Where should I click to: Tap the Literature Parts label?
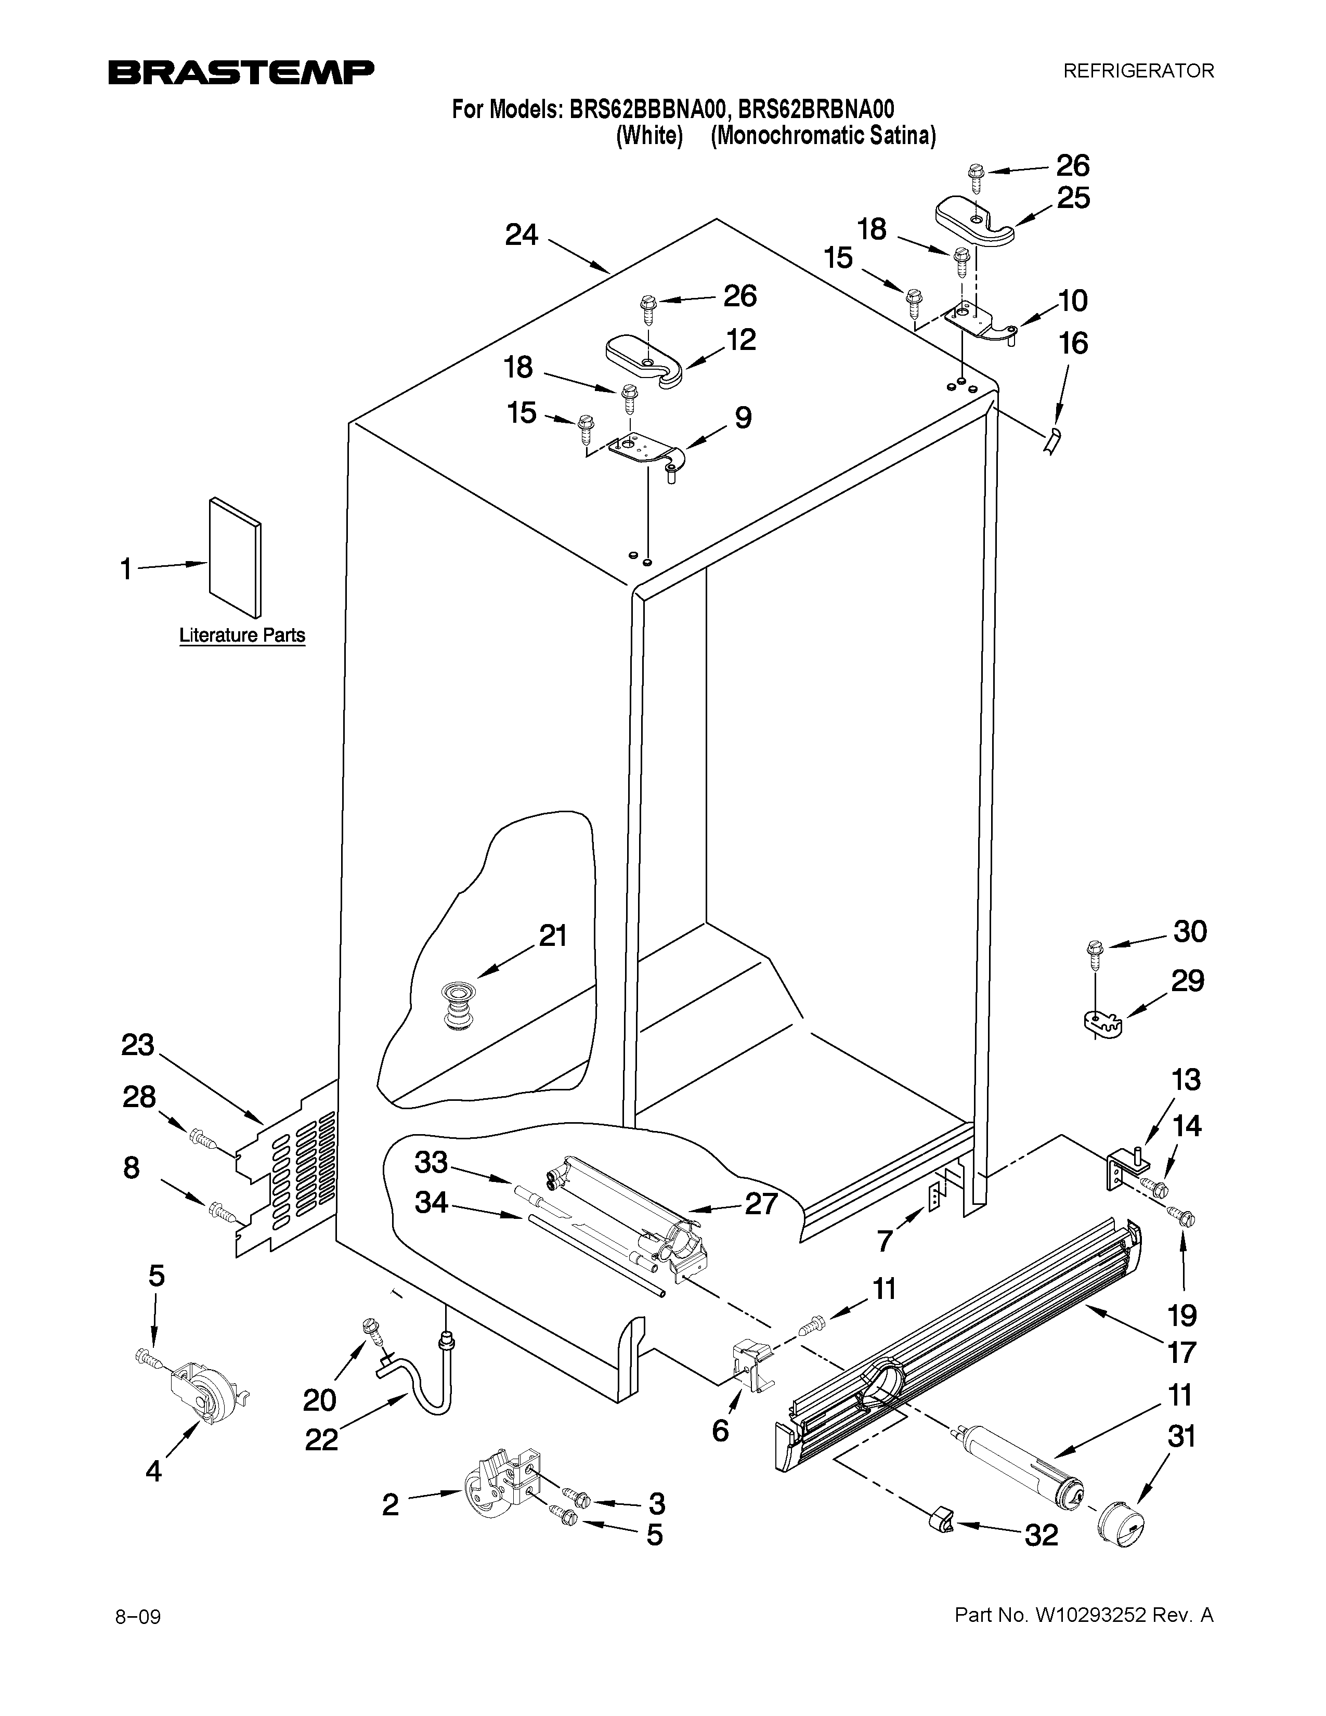[242, 635]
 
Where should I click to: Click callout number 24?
[521, 234]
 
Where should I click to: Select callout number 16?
[1073, 343]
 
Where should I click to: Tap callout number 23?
[138, 1046]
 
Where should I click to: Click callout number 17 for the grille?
[1181, 1352]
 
